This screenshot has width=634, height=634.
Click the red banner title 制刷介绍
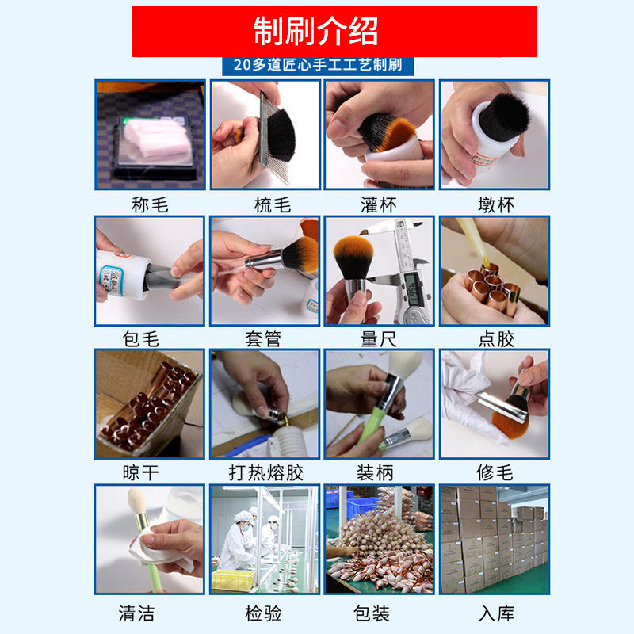pyautogui.click(x=315, y=31)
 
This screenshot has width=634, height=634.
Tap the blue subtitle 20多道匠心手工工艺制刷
pyautogui.click(x=318, y=65)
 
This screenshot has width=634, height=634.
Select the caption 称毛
pyautogui.click(x=150, y=205)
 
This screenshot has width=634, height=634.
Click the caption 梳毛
pyautogui.click(x=273, y=205)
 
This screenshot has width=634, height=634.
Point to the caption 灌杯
pyautogui.click(x=379, y=205)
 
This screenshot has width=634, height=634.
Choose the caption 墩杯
pyautogui.click(x=496, y=205)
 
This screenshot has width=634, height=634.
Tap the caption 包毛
pyautogui.click(x=140, y=339)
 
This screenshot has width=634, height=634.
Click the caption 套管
pyautogui.click(x=263, y=339)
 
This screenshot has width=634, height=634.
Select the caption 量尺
pyautogui.click(x=379, y=339)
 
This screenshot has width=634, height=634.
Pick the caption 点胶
pyautogui.click(x=496, y=339)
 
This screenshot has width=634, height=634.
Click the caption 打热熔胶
pyautogui.click(x=265, y=472)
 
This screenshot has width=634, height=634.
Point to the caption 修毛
pyautogui.click(x=495, y=472)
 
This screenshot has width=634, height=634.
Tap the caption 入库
pyautogui.click(x=496, y=613)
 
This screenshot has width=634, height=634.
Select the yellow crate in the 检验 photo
pyautogui.click(x=233, y=579)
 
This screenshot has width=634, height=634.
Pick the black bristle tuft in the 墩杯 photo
pyautogui.click(x=504, y=114)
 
